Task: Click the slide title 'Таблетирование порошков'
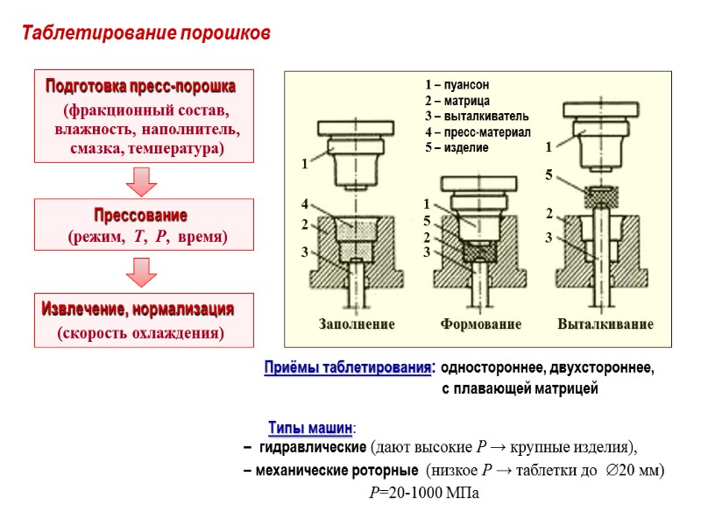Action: (x=146, y=34)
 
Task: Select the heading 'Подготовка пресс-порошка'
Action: (x=140, y=88)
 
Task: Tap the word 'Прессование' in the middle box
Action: (x=140, y=215)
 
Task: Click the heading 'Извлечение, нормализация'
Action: (x=138, y=309)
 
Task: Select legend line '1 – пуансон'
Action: (x=457, y=85)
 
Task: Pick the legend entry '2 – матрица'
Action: (x=457, y=101)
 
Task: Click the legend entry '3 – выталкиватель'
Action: (x=476, y=116)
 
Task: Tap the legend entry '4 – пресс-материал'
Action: (x=478, y=131)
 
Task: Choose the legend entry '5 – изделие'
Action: (x=456, y=147)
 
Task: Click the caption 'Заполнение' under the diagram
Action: (x=356, y=324)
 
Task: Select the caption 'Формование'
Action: (x=480, y=324)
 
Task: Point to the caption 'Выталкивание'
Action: (x=605, y=324)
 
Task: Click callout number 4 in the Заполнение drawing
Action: (x=304, y=203)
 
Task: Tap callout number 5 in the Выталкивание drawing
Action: (x=549, y=175)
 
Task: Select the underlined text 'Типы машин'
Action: (x=310, y=428)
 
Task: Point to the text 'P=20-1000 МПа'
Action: (x=425, y=493)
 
